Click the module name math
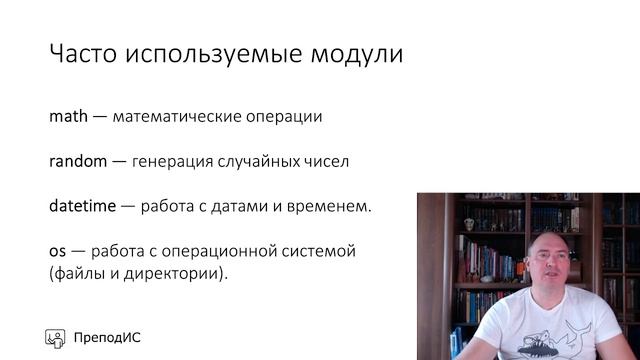(69, 116)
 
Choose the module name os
(58, 251)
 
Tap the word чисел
(327, 161)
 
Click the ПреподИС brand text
(107, 337)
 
